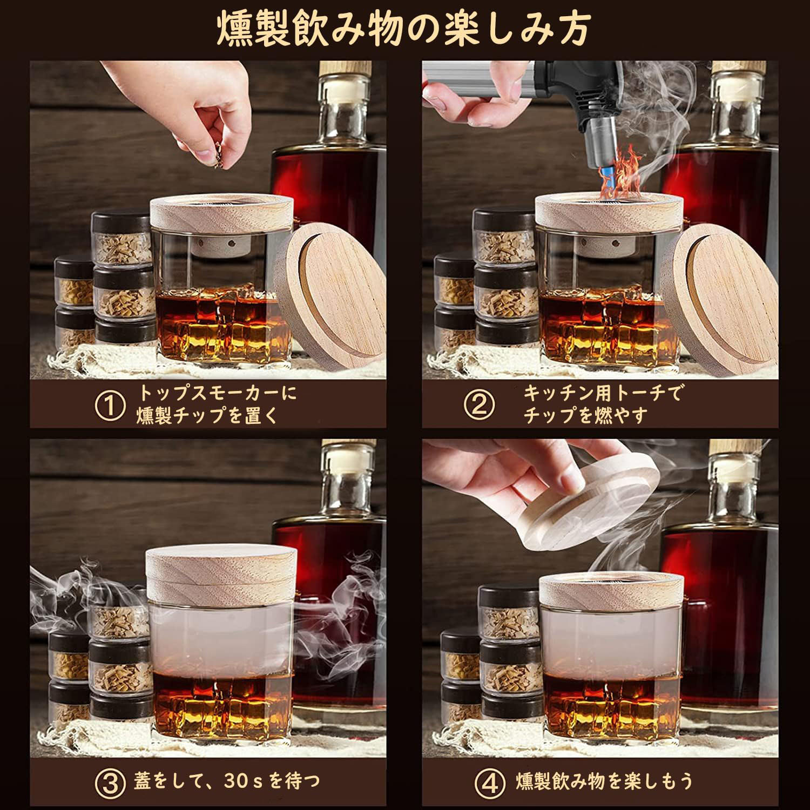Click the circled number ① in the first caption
coord(110,406)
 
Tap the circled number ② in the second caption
coord(478,406)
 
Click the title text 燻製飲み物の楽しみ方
coord(403,28)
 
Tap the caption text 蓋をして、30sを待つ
coord(226,780)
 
